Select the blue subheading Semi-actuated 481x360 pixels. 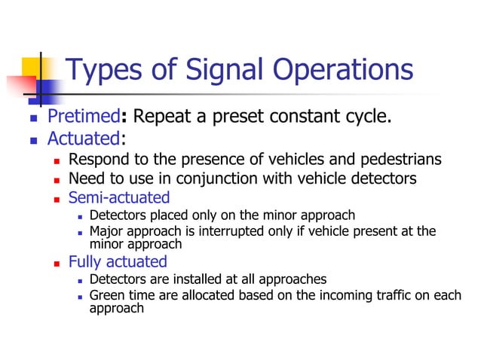(119, 198)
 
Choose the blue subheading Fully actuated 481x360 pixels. (117, 261)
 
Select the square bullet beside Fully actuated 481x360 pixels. (58, 263)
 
